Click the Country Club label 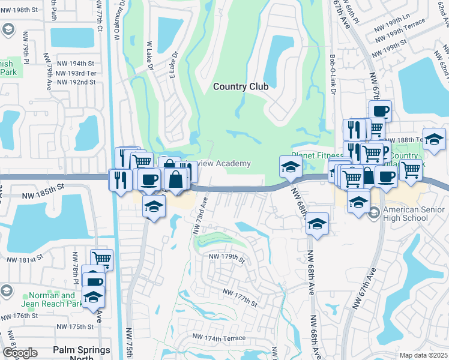(241, 86)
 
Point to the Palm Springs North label (82, 353)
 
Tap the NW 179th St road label (226, 258)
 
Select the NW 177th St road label (239, 295)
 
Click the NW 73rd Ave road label (200, 214)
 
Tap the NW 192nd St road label (76, 82)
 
